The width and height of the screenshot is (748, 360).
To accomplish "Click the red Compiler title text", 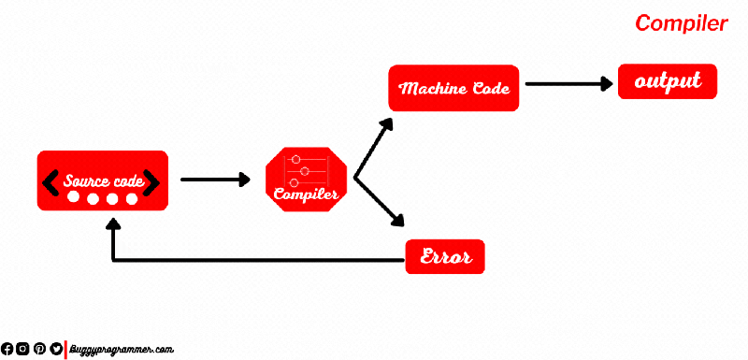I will [x=681, y=23].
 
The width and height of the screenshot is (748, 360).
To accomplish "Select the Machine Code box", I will [x=453, y=88].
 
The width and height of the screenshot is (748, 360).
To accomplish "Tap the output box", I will [x=668, y=81].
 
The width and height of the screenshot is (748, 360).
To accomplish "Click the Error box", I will [x=445, y=255].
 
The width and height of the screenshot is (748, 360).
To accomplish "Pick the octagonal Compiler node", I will [x=306, y=180].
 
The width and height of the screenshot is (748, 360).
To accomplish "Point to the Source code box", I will [x=102, y=180].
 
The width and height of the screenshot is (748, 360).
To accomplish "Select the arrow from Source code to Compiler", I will [x=216, y=179].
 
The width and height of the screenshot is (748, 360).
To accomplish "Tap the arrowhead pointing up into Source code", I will [x=113, y=226].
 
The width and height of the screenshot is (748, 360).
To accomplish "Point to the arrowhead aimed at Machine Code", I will [x=387, y=124].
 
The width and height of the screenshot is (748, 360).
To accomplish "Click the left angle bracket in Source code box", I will [x=51, y=180].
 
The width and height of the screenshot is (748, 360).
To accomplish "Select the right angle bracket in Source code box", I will [x=151, y=180].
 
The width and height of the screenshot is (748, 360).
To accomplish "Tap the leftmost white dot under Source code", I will [x=73, y=198].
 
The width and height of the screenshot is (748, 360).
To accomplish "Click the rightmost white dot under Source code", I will [x=132, y=198].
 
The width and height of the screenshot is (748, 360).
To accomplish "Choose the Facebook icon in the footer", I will [x=7, y=349].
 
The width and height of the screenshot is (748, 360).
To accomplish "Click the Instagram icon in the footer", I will [x=23, y=349].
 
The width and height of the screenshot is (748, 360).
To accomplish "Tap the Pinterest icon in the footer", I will [x=39, y=349].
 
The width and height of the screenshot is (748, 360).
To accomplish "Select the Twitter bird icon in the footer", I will [x=55, y=349].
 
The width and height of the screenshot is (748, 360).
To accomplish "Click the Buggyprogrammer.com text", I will [x=122, y=349].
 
